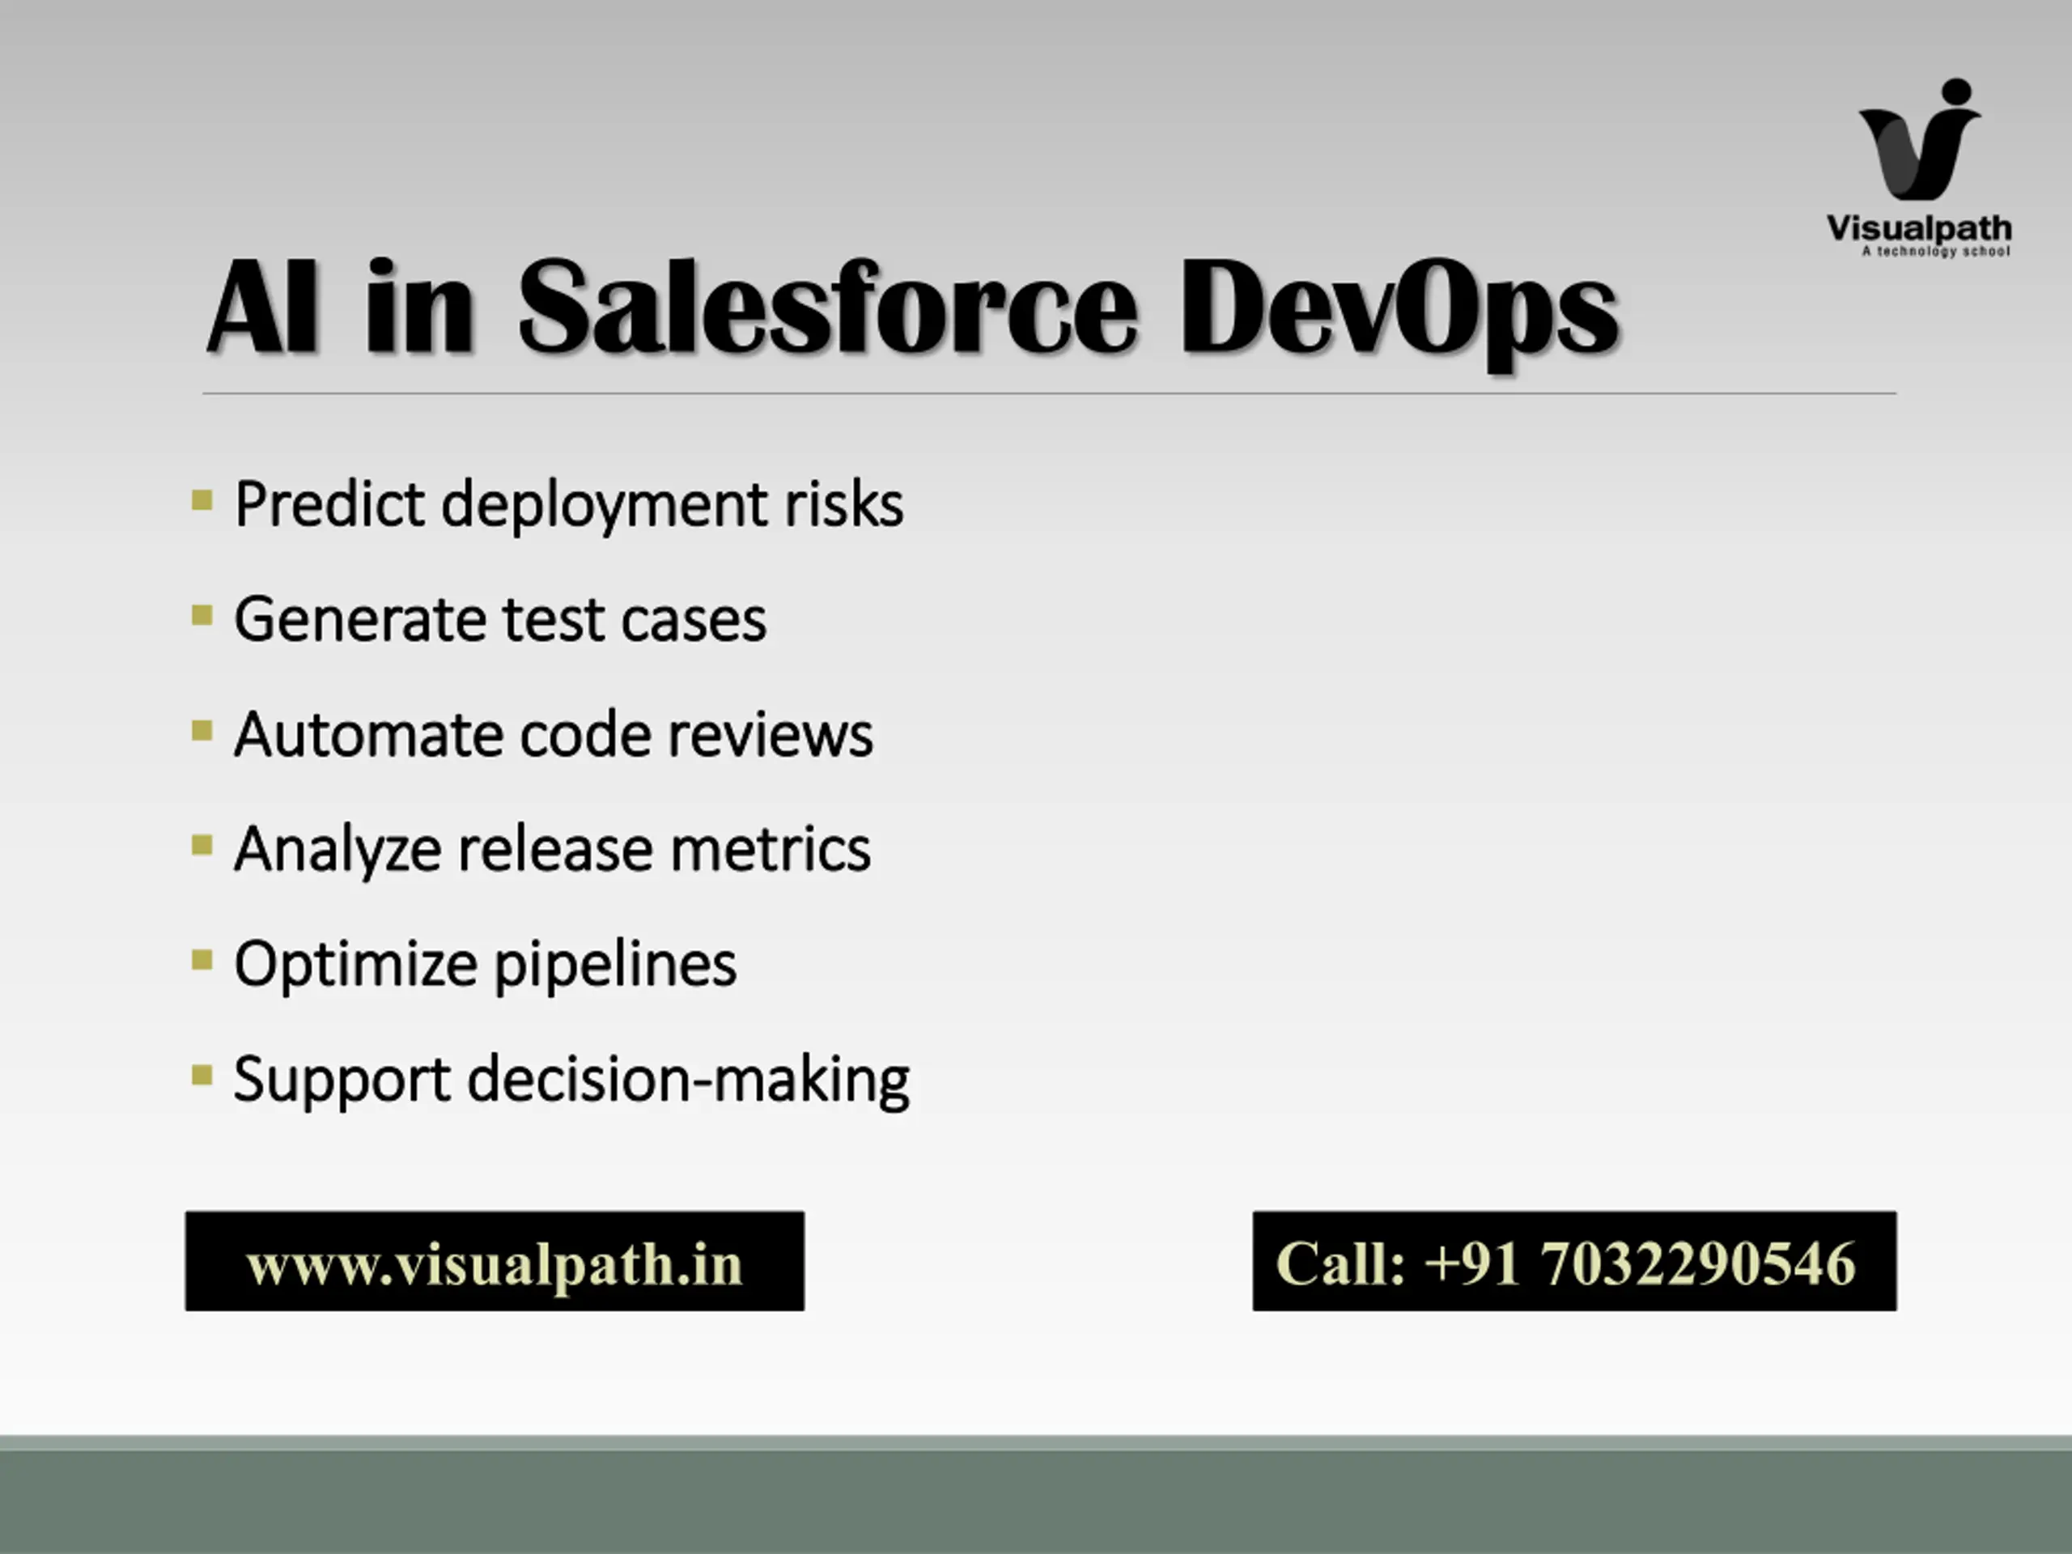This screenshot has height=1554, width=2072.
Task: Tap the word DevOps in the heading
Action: point(1398,314)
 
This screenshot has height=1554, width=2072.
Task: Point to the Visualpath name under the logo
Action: point(1918,228)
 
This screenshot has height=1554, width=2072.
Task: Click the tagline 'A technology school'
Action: point(1935,251)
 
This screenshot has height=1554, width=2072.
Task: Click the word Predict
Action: point(329,504)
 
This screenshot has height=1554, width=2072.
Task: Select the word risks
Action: point(843,504)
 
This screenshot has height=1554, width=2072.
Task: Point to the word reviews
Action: point(770,734)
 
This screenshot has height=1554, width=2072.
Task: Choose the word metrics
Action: point(770,850)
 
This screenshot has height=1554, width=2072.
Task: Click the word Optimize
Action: point(355,966)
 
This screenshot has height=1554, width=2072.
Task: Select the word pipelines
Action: point(614,966)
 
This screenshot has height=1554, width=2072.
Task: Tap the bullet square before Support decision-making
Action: point(202,1074)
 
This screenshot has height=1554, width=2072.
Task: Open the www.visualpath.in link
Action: point(495,1263)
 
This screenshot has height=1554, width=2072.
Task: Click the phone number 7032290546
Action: point(1697,1263)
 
